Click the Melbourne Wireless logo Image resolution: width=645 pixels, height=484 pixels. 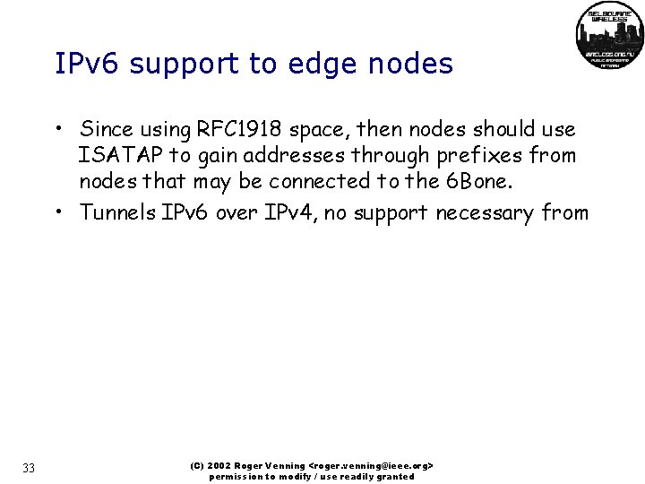coord(609,37)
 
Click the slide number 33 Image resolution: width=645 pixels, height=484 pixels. coord(29,468)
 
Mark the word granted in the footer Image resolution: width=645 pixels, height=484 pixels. coord(397,477)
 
